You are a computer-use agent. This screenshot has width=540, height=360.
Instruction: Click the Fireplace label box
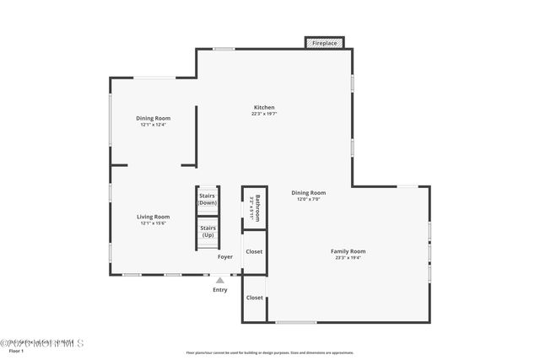325,42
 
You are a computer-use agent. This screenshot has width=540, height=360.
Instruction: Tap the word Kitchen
264,107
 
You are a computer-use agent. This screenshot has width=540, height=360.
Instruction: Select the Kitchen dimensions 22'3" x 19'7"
264,114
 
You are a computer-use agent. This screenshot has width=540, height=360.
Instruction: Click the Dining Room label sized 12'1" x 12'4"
154,118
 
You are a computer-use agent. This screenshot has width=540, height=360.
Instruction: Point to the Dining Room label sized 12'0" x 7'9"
308,192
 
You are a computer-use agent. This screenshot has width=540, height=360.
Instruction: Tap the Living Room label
154,217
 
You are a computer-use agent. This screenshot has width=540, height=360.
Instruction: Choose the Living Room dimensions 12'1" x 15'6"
154,223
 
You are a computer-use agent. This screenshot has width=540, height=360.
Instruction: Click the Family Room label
348,251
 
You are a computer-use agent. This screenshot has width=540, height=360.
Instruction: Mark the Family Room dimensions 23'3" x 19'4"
348,258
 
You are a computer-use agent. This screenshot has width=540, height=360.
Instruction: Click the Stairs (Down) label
208,199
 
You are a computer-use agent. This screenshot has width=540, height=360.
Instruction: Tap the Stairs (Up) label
208,231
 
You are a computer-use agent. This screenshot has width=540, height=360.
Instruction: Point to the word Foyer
225,256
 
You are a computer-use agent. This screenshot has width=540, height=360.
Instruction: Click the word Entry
220,289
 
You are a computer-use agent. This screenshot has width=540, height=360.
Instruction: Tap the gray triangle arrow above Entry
220,280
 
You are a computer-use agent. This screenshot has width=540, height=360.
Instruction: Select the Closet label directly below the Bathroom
254,251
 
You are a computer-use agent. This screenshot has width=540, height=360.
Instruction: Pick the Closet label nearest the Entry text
254,298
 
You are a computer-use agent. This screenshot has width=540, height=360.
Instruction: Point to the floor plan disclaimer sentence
270,352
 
